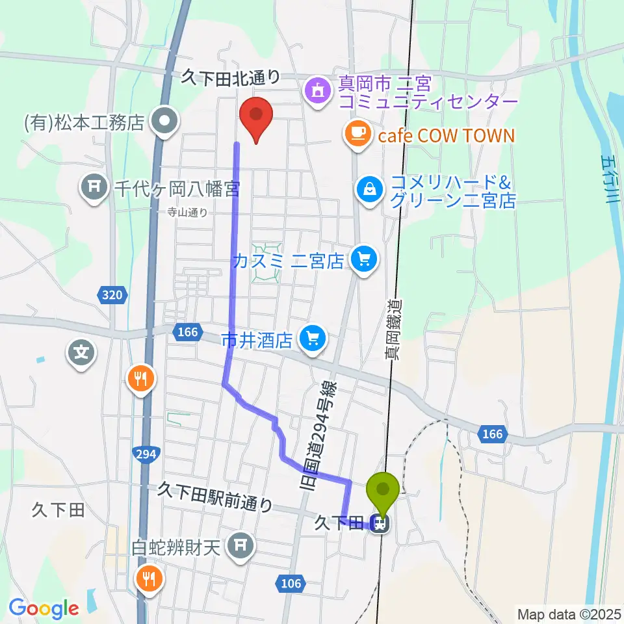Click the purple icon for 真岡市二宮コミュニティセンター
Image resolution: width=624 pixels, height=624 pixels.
click(x=317, y=90)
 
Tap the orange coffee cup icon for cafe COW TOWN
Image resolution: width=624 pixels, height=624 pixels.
click(x=357, y=133)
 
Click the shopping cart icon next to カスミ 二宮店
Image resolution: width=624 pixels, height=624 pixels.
click(x=363, y=260)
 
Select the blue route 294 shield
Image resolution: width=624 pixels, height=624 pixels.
click(x=145, y=454)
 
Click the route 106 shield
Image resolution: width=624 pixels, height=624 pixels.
click(x=291, y=583)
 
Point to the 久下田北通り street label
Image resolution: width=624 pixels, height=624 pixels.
click(x=230, y=78)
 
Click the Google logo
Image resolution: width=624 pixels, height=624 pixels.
click(x=44, y=608)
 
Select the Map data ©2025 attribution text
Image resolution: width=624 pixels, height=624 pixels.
click(x=568, y=614)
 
